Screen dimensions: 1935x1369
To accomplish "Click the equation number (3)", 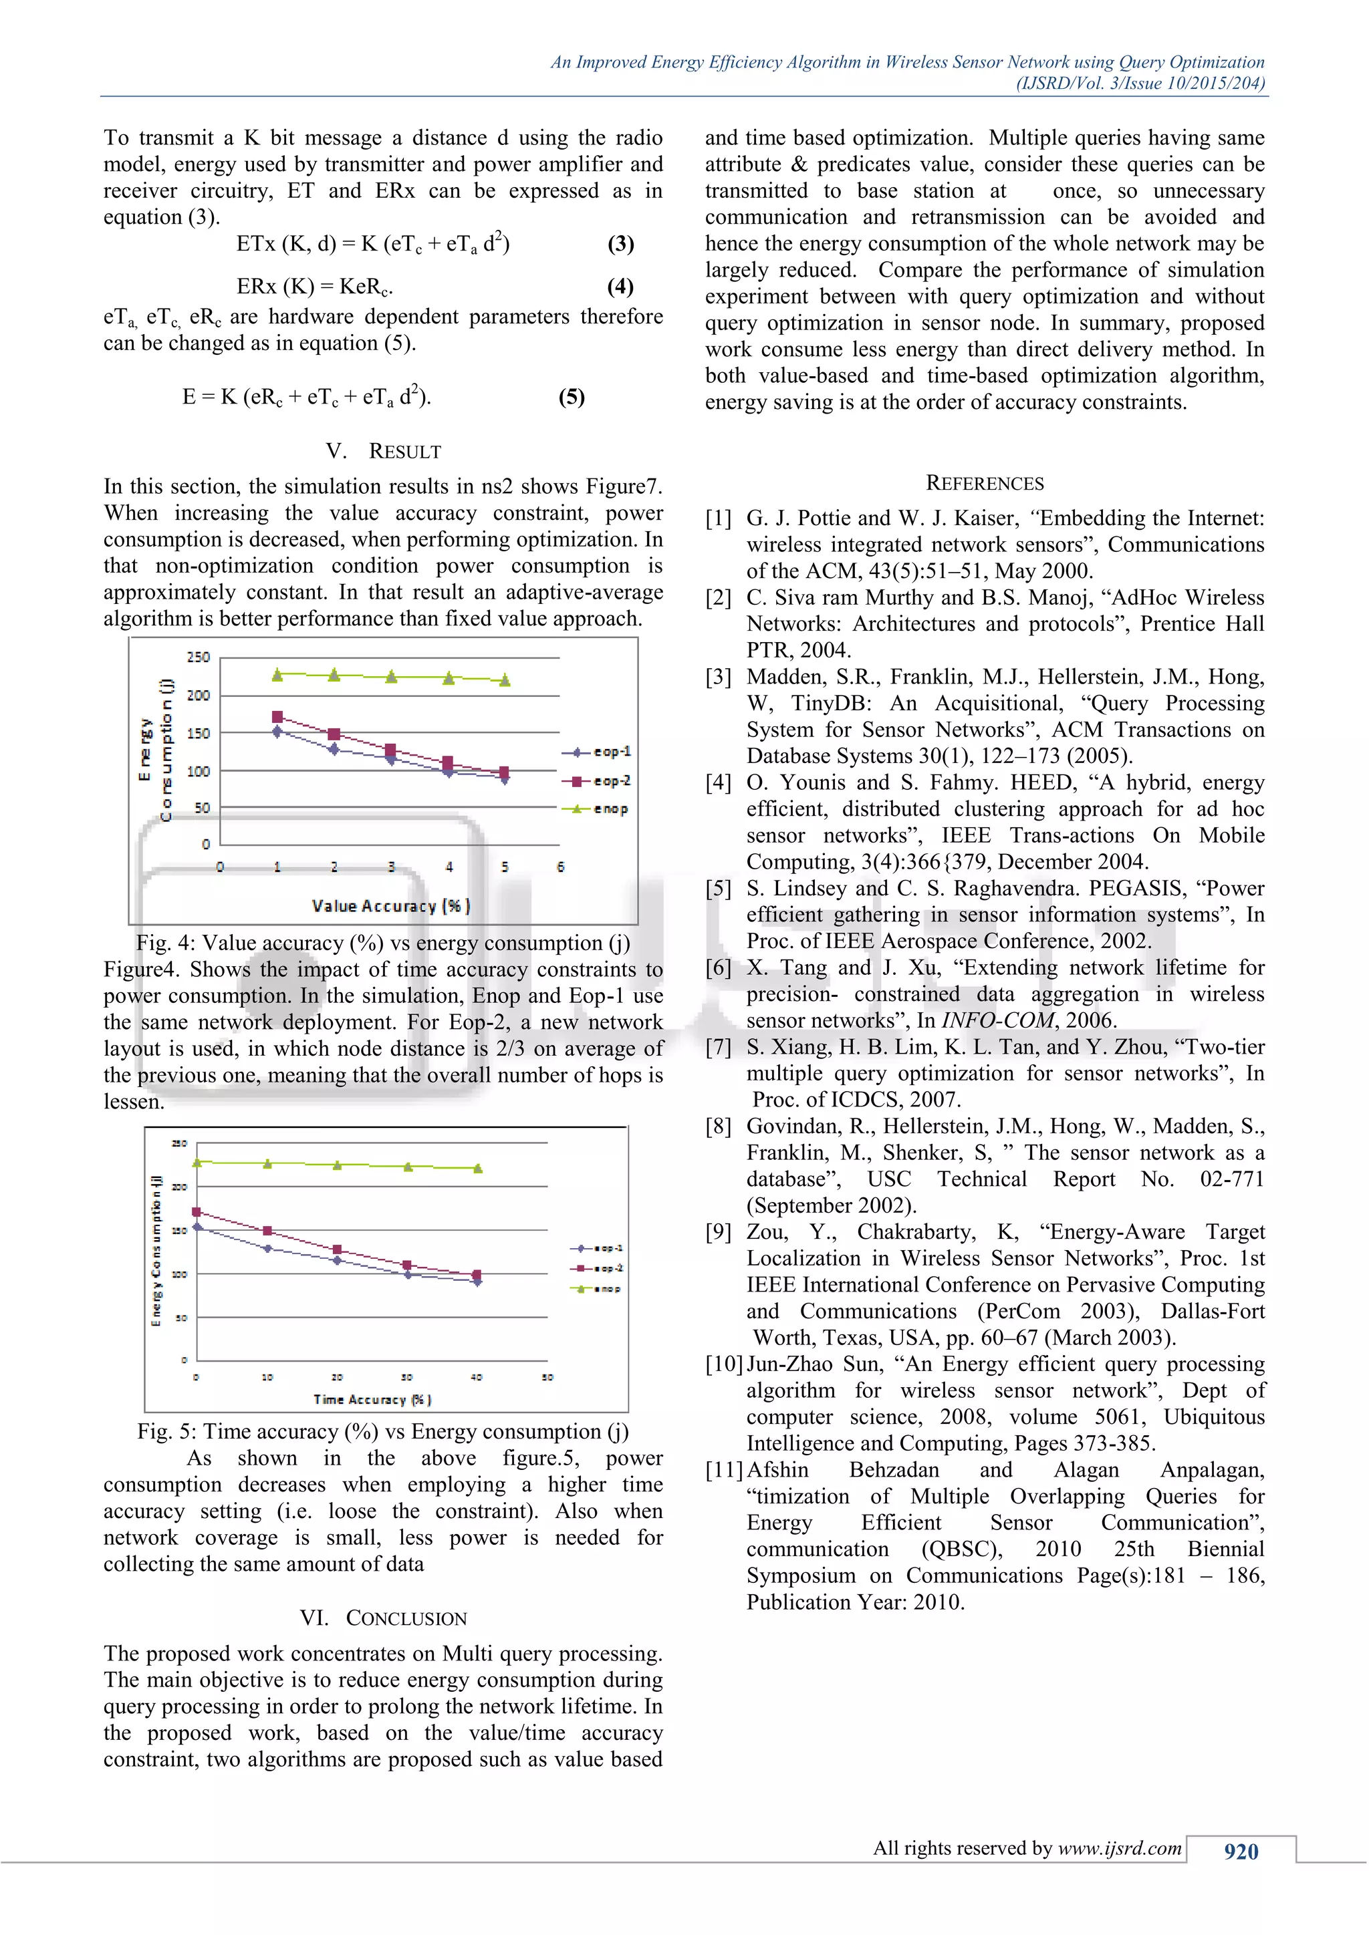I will [620, 244].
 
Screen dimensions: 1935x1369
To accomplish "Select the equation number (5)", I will [572, 397].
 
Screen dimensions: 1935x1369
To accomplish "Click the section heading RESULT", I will [404, 452].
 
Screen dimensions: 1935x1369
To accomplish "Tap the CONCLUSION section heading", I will [406, 1618].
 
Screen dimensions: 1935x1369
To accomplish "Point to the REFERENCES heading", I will [985, 483].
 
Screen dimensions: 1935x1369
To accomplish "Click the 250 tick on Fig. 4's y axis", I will [198, 657].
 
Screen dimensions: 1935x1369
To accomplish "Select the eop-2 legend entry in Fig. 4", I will [597, 781].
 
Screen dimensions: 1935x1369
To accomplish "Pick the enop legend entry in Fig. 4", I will [597, 809].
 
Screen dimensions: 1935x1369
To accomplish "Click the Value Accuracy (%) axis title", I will [391, 906].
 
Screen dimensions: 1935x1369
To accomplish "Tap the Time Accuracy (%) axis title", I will [372, 1399].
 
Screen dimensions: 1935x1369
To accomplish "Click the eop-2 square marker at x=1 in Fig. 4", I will [277, 717].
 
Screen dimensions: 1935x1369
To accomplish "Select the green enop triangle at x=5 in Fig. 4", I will [505, 680].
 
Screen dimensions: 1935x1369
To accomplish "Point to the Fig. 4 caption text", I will [383, 943].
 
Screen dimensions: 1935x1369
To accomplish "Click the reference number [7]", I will [718, 1047].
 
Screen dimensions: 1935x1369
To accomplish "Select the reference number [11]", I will [723, 1470].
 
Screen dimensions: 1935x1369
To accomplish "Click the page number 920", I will [1241, 1851].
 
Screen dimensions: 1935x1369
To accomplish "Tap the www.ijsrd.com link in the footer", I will [1120, 1848].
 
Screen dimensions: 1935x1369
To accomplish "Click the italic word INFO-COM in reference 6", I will [997, 1020].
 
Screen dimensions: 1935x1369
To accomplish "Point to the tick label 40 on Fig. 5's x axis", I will [477, 1377].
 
